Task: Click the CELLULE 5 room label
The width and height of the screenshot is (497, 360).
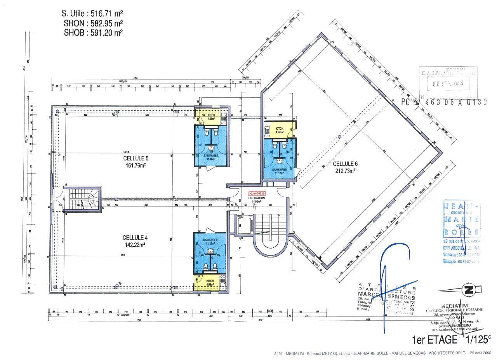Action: [x=136, y=158]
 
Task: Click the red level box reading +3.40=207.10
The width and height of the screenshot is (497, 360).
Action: [x=257, y=193]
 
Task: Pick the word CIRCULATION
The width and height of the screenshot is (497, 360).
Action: [x=257, y=198]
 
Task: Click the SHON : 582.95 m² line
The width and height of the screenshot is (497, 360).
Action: [x=94, y=23]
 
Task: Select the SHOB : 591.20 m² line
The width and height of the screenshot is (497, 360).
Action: [x=94, y=33]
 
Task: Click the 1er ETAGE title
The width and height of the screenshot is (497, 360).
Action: [x=434, y=340]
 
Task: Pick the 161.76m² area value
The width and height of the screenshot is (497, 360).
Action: [x=136, y=165]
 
